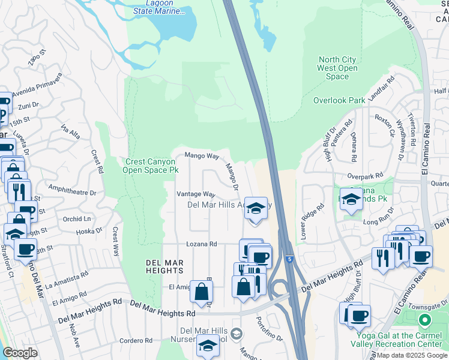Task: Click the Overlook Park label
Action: (x=339, y=100)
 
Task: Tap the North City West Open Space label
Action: (x=337, y=68)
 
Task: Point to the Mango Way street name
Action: (x=201, y=155)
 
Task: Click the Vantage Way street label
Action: (x=195, y=194)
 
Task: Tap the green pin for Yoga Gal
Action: (x=426, y=320)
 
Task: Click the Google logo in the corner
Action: (x=20, y=353)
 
